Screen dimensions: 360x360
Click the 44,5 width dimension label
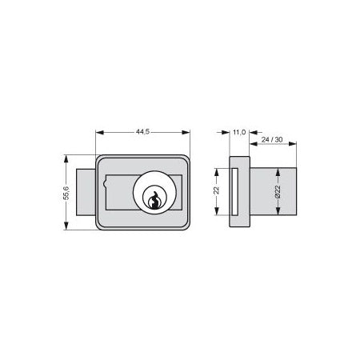pos(142,132)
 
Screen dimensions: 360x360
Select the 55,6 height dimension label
pos(66,193)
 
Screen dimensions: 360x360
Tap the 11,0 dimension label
pos(239,132)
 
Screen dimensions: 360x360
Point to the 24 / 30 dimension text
pos(272,140)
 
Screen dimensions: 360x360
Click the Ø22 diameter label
pos(278,192)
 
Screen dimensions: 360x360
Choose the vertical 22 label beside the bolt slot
pos(217,190)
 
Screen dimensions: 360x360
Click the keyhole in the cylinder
pos(154,201)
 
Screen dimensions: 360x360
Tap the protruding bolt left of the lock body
pos(86,192)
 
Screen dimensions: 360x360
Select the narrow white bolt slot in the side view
pos(235,191)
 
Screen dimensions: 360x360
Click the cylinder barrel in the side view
pos(273,191)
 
